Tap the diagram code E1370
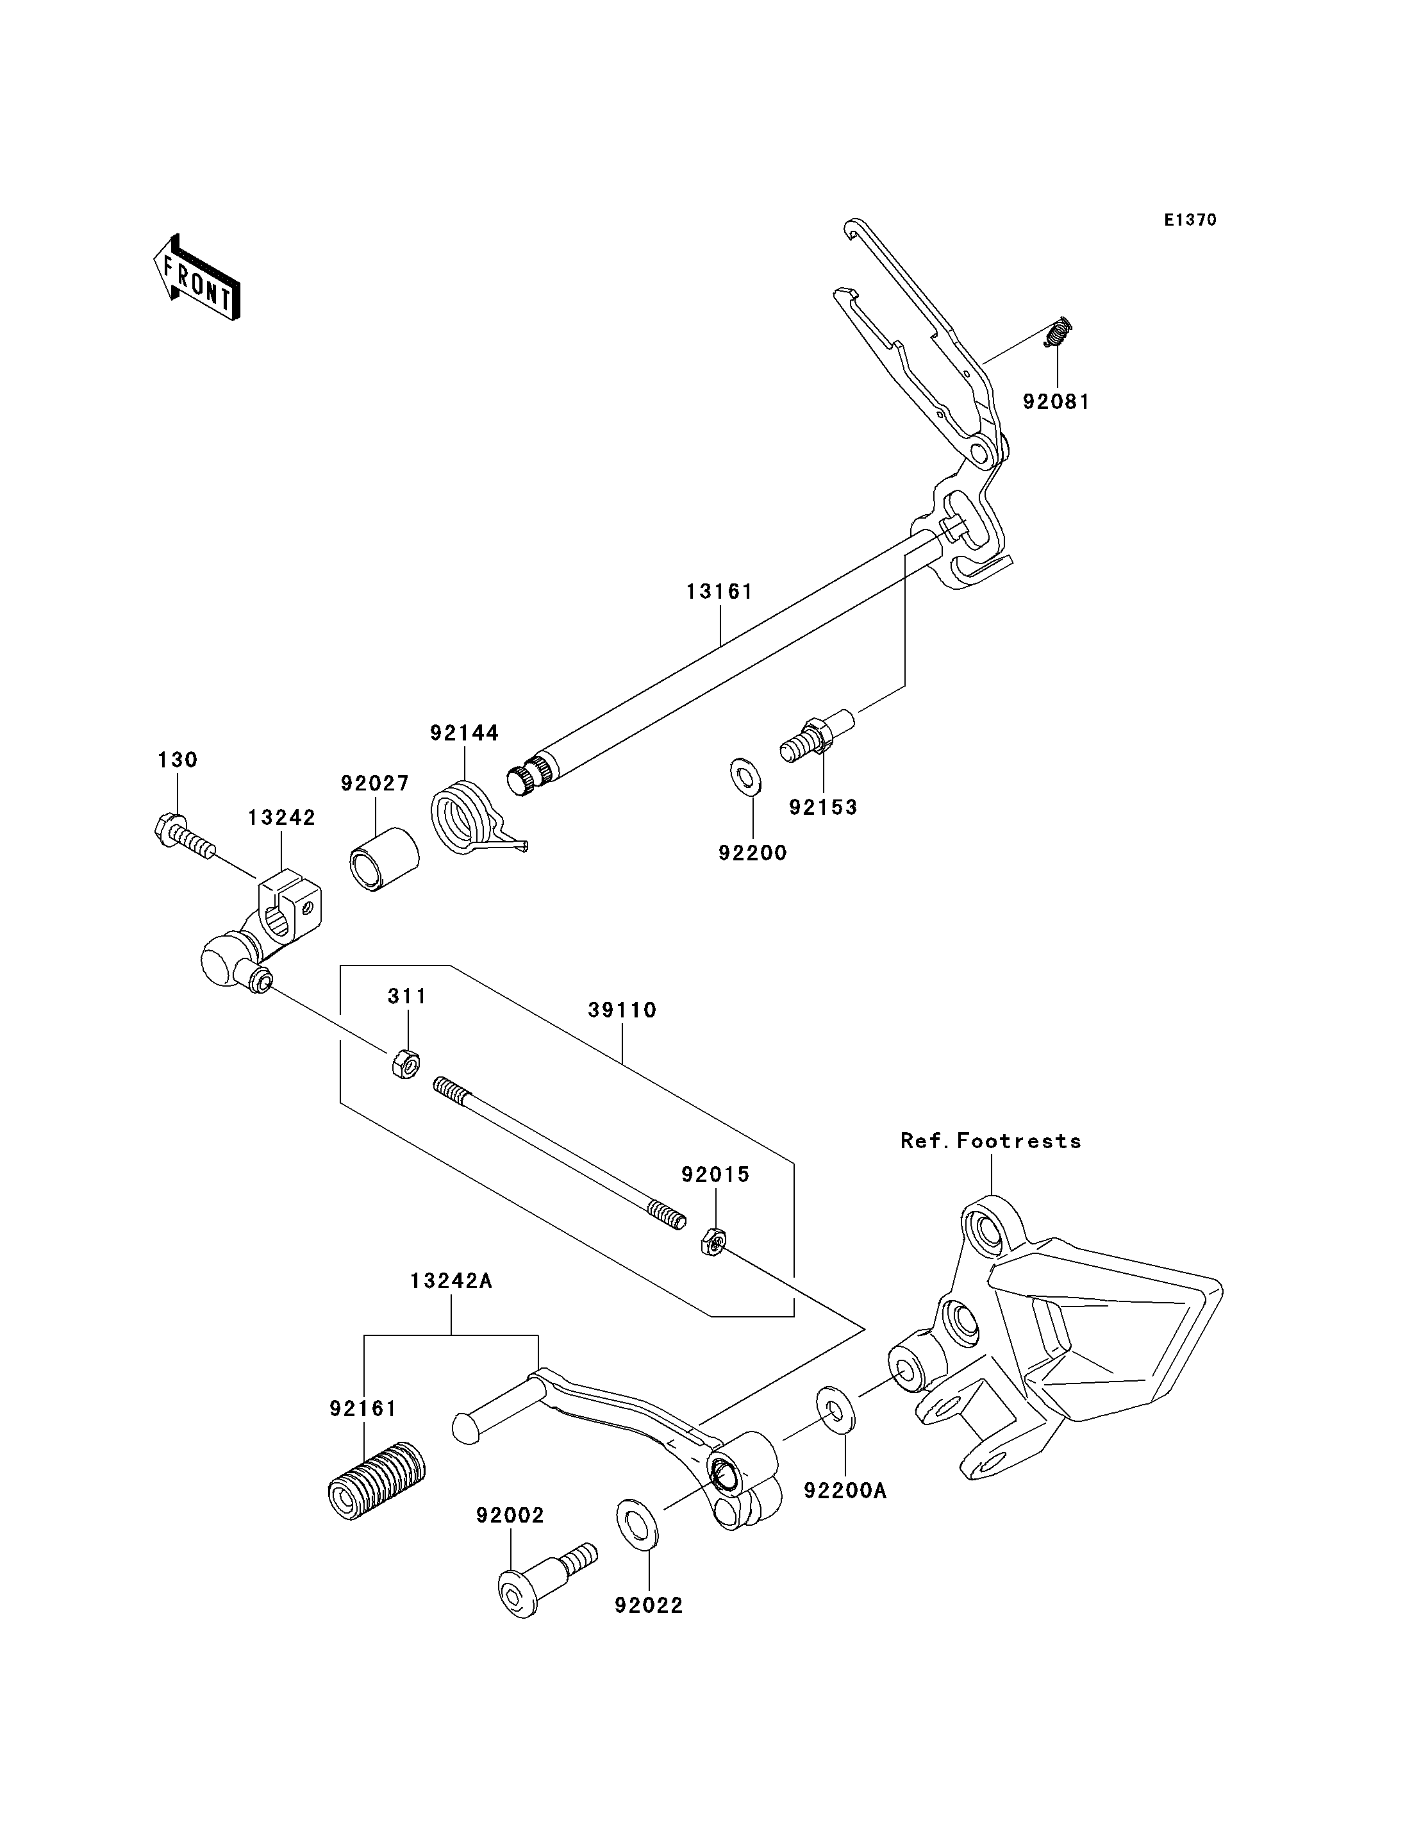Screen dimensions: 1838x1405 (x=1190, y=220)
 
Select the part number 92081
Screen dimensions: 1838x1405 (x=1056, y=403)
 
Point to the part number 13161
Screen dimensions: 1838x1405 (x=719, y=592)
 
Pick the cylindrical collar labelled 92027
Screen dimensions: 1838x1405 (x=384, y=860)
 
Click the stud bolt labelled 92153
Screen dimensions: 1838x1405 (x=816, y=735)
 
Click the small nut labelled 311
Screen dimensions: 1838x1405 (x=406, y=1065)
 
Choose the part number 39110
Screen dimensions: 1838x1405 (x=622, y=1010)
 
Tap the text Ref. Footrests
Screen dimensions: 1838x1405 (x=990, y=1141)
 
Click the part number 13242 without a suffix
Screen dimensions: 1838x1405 (x=281, y=817)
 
